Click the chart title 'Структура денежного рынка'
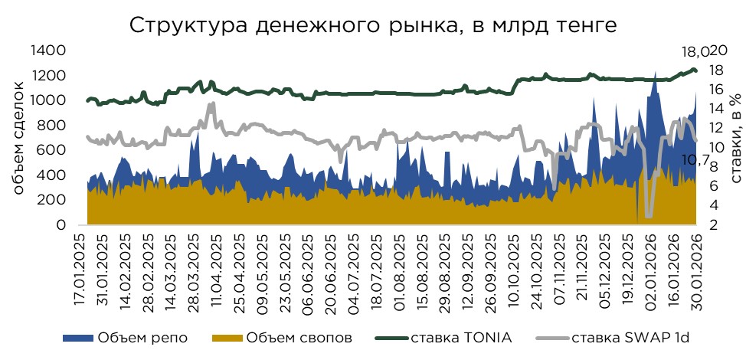372,25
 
